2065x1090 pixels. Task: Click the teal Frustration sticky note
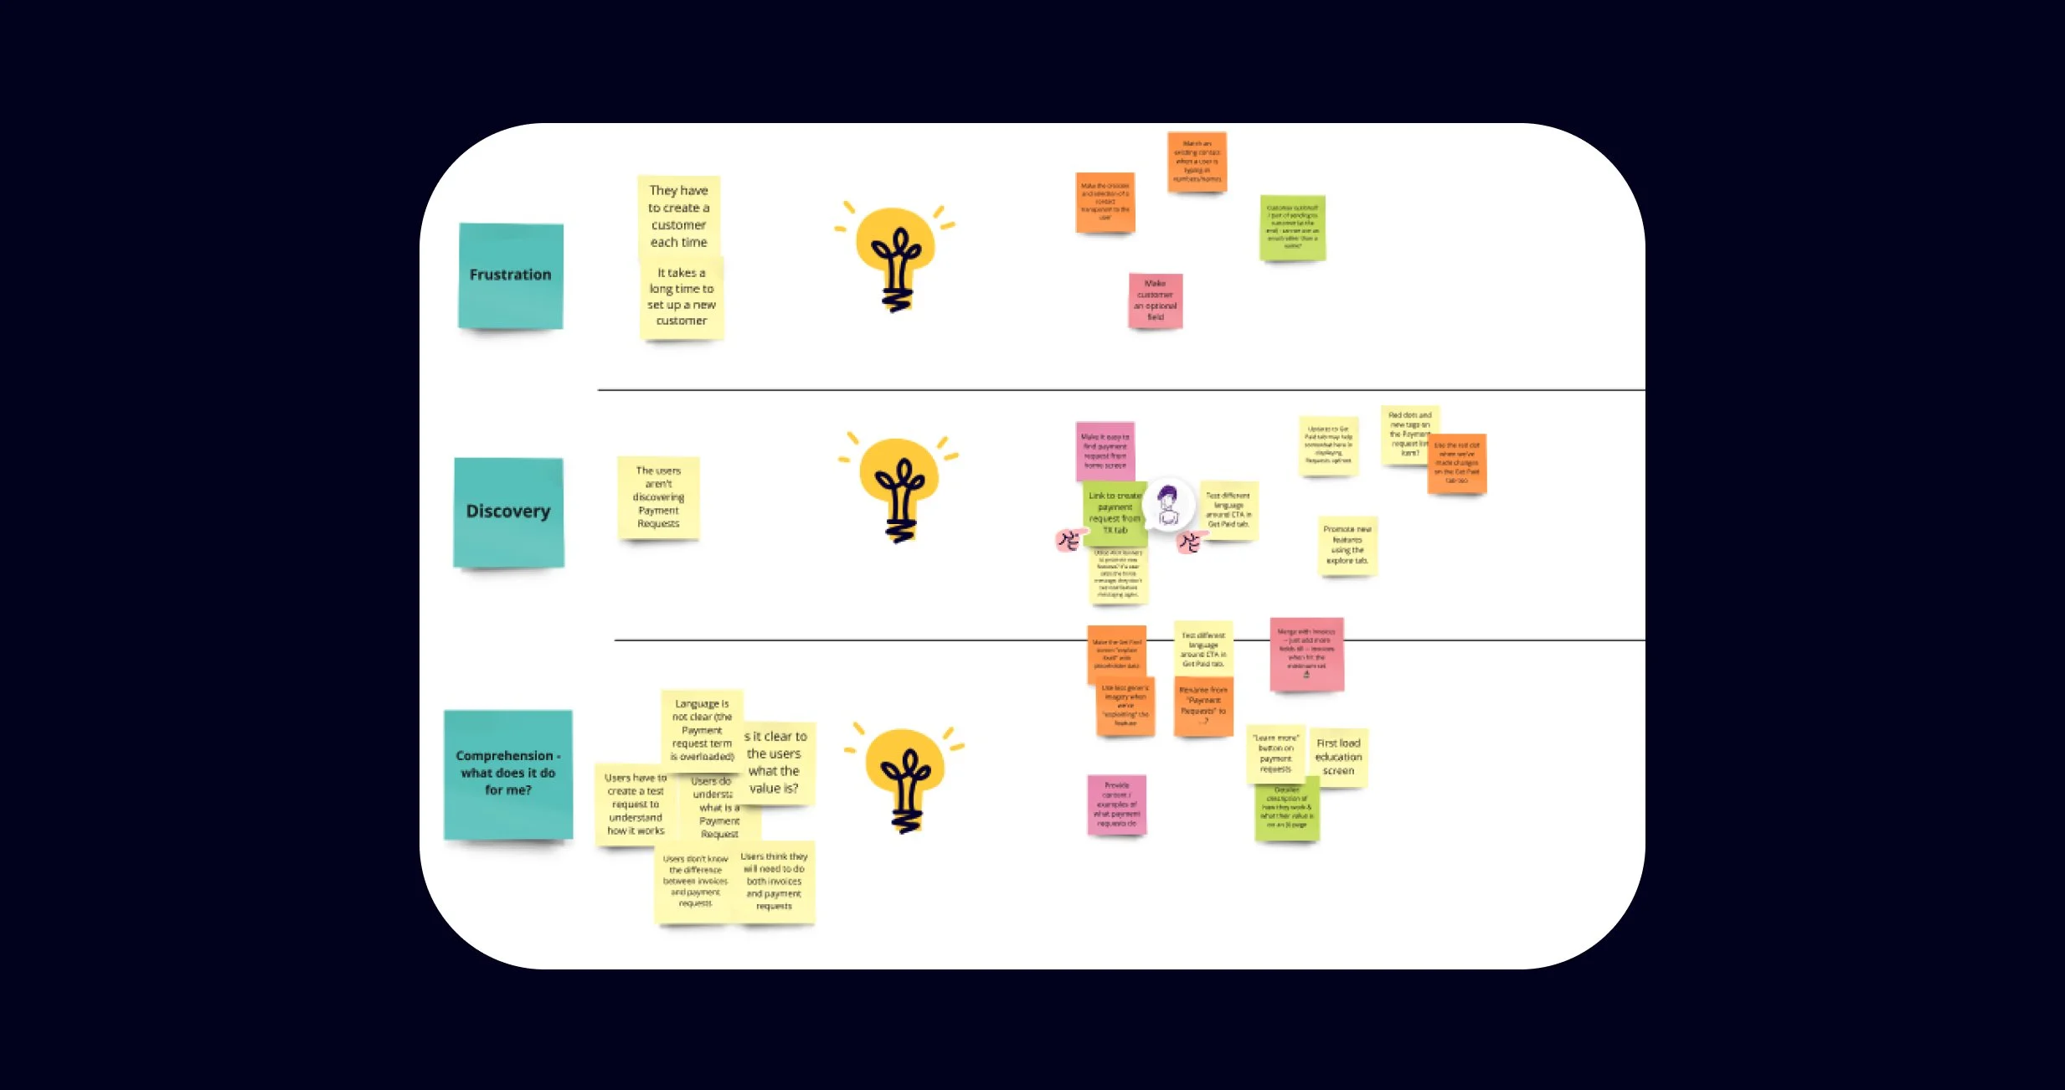point(510,275)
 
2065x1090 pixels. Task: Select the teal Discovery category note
point(508,512)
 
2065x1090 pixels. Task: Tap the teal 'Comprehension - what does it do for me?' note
point(507,774)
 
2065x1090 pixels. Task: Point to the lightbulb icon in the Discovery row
point(899,489)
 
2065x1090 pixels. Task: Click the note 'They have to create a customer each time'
point(678,216)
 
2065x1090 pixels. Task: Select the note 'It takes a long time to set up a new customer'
point(681,298)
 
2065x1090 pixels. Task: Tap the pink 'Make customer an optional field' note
point(1155,301)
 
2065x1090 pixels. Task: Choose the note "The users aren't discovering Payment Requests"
point(658,497)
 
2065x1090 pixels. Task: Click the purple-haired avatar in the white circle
point(1167,505)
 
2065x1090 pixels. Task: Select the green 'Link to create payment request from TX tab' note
point(1113,512)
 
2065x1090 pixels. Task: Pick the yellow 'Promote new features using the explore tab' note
point(1347,545)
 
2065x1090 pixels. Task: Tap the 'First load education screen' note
point(1338,757)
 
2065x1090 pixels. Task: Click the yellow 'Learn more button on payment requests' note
point(1275,753)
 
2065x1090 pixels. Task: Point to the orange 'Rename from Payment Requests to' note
point(1202,705)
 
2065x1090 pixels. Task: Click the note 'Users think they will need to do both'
point(775,882)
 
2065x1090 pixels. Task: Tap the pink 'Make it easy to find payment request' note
point(1105,451)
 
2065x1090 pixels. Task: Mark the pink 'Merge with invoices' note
point(1306,654)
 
